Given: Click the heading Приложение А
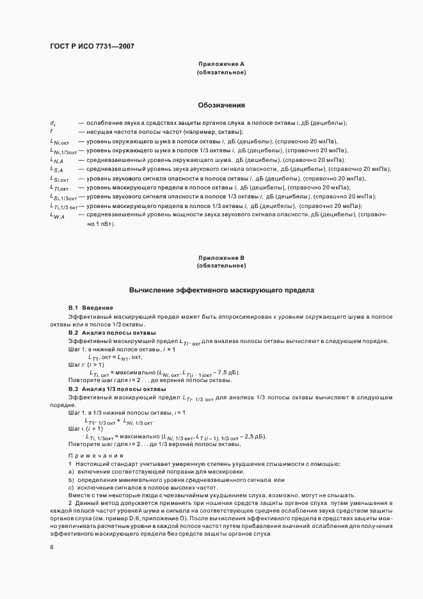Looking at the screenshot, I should coord(221,64).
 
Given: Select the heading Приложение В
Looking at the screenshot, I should coord(221,257).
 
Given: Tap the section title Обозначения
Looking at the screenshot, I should coord(221,105).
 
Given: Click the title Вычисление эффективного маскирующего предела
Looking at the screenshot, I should coord(221,290).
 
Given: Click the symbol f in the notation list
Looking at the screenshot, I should coord(51,131).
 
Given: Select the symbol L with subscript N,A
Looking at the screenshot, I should coord(56,160).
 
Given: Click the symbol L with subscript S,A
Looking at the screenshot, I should coord(56,170).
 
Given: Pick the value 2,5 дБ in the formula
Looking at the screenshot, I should coord(251,436).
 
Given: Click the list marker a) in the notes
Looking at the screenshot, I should coord(71,471).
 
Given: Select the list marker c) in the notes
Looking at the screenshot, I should coord(71,487).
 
